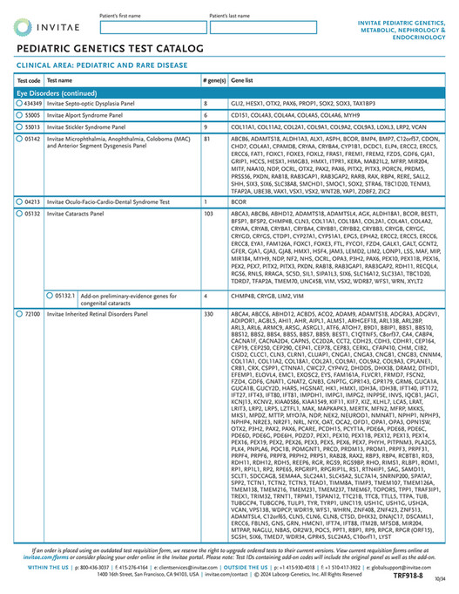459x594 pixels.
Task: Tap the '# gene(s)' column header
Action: (x=213, y=79)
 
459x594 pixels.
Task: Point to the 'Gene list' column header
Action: (x=243, y=79)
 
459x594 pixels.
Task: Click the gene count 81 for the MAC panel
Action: (x=207, y=138)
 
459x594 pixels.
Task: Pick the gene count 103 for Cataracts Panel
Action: (x=209, y=212)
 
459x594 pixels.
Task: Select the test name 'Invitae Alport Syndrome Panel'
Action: (x=86, y=114)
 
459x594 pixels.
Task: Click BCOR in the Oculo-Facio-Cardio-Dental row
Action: (x=239, y=201)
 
